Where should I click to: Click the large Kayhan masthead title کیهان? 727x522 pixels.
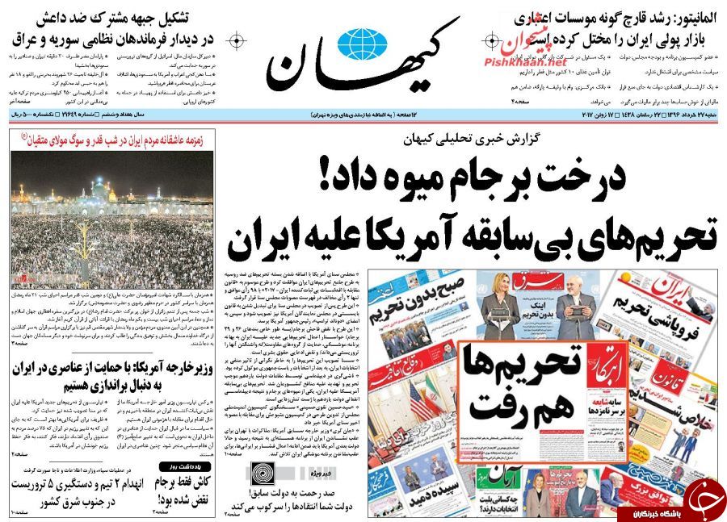tap(363, 61)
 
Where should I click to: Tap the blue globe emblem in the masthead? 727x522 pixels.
tap(363, 41)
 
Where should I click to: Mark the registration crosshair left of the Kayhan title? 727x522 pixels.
tap(237, 40)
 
